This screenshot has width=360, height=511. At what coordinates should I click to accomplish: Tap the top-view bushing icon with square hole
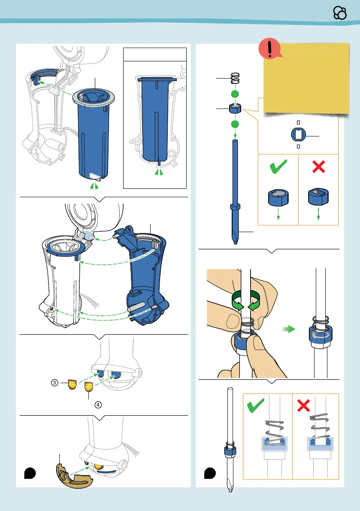click(299, 134)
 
